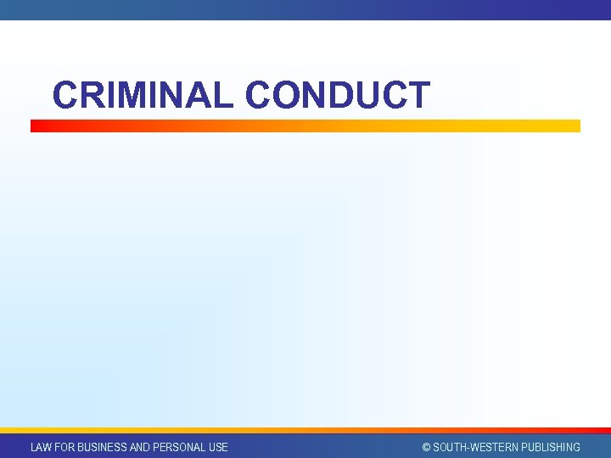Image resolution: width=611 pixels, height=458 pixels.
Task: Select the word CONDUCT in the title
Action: coord(338,95)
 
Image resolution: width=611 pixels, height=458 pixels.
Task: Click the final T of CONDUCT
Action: coord(418,95)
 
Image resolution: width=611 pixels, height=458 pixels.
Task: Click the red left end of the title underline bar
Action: coord(38,126)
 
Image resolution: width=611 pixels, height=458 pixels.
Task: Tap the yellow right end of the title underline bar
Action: coord(572,126)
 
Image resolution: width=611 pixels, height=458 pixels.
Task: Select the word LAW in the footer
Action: coord(41,447)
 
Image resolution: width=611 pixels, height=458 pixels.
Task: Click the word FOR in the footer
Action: coord(64,447)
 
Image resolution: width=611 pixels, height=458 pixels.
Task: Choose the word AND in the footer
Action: coord(140,447)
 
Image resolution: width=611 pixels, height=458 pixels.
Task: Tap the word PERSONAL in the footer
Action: coord(179,447)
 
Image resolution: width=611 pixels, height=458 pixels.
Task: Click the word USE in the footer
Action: coord(218,447)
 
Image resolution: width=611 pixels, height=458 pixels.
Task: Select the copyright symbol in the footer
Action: coord(427,447)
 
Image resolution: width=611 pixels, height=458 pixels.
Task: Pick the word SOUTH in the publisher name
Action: coord(450,447)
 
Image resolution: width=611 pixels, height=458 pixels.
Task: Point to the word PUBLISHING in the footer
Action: coord(552,447)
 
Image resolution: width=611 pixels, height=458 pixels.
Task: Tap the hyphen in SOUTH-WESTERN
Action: coord(468,448)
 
